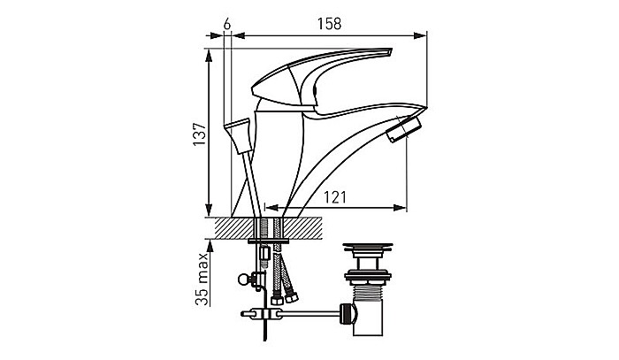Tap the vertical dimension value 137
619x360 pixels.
200,132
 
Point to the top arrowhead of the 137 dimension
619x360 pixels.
210,54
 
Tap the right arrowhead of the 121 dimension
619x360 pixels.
403,209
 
